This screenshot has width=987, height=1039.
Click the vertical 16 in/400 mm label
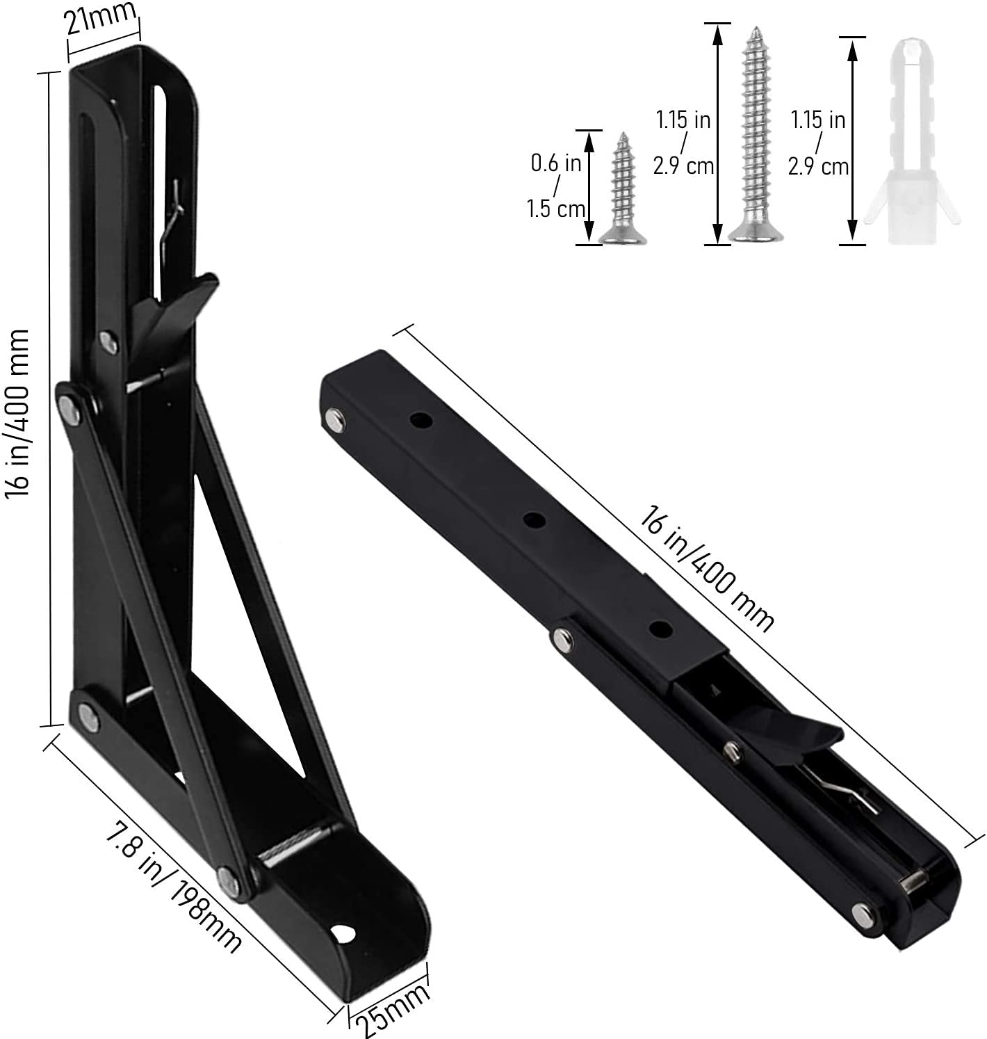[x=17, y=413]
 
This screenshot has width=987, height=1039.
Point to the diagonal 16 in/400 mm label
[x=706, y=568]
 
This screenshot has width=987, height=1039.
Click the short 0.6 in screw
[x=622, y=188]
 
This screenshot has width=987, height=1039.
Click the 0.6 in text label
[x=556, y=163]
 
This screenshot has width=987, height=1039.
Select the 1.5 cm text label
[x=556, y=208]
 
